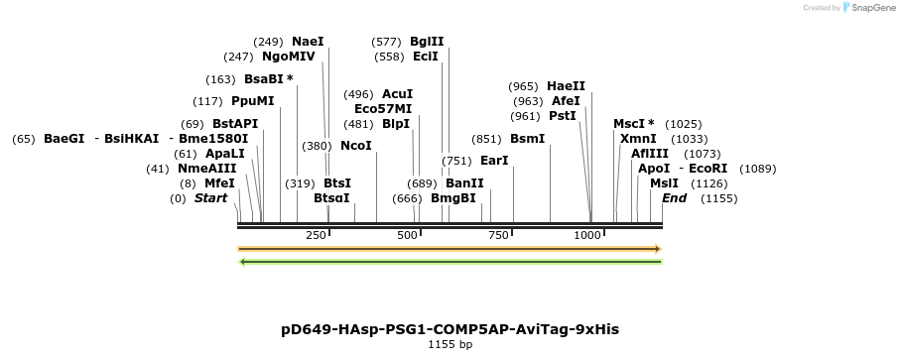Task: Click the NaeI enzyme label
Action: click(x=308, y=42)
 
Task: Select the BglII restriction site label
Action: click(x=427, y=42)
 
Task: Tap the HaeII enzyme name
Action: click(x=566, y=86)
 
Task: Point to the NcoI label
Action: click(x=356, y=146)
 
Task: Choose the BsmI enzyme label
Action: click(x=527, y=139)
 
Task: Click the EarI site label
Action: click(x=494, y=161)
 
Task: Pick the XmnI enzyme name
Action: click(x=638, y=139)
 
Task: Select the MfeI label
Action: click(x=219, y=183)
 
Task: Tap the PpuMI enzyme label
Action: click(x=252, y=101)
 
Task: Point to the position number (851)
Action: click(x=486, y=139)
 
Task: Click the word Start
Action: click(x=210, y=198)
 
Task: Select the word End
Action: click(x=675, y=198)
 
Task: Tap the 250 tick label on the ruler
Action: click(x=316, y=235)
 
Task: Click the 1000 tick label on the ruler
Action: click(x=588, y=235)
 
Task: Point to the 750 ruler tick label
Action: click(x=498, y=235)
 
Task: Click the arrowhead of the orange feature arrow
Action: click(x=657, y=248)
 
